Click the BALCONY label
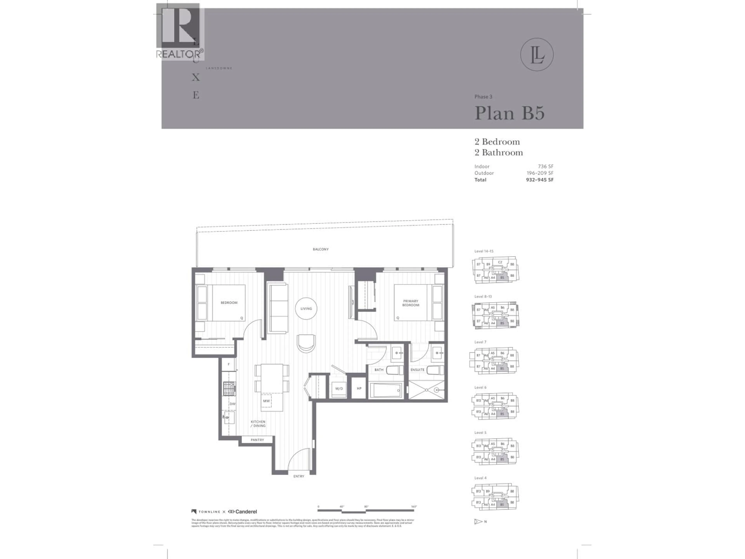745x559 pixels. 320,249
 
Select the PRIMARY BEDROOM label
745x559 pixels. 411,303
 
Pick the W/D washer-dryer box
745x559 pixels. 339,389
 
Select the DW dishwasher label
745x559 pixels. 232,404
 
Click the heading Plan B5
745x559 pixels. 509,113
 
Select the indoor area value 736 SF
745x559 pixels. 546,167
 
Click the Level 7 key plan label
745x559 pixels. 480,342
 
